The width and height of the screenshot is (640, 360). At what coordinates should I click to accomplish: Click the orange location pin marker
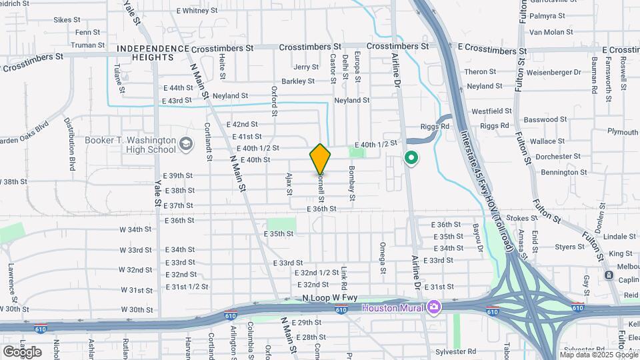[x=320, y=159]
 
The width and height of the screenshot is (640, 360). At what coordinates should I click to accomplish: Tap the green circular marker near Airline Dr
[x=411, y=159]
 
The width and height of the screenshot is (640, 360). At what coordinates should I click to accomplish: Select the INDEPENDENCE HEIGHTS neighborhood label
[x=153, y=53]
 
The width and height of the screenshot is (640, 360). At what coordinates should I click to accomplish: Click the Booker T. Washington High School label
[x=131, y=145]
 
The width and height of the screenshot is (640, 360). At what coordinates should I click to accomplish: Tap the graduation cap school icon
[x=187, y=143]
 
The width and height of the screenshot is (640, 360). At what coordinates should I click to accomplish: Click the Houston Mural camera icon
[x=435, y=307]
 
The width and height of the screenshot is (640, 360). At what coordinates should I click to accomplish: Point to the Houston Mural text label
[x=393, y=307]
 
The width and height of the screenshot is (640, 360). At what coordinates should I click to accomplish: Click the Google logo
[x=22, y=351]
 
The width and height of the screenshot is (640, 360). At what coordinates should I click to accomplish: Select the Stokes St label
[x=522, y=218]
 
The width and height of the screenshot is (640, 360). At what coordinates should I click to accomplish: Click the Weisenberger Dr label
[x=537, y=72]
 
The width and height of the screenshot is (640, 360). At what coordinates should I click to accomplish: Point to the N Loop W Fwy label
[x=329, y=298]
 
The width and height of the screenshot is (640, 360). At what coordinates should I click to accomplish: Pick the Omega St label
[x=383, y=257]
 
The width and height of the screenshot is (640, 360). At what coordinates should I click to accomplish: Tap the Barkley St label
[x=297, y=81]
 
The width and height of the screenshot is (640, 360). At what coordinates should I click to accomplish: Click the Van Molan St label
[x=551, y=32]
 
